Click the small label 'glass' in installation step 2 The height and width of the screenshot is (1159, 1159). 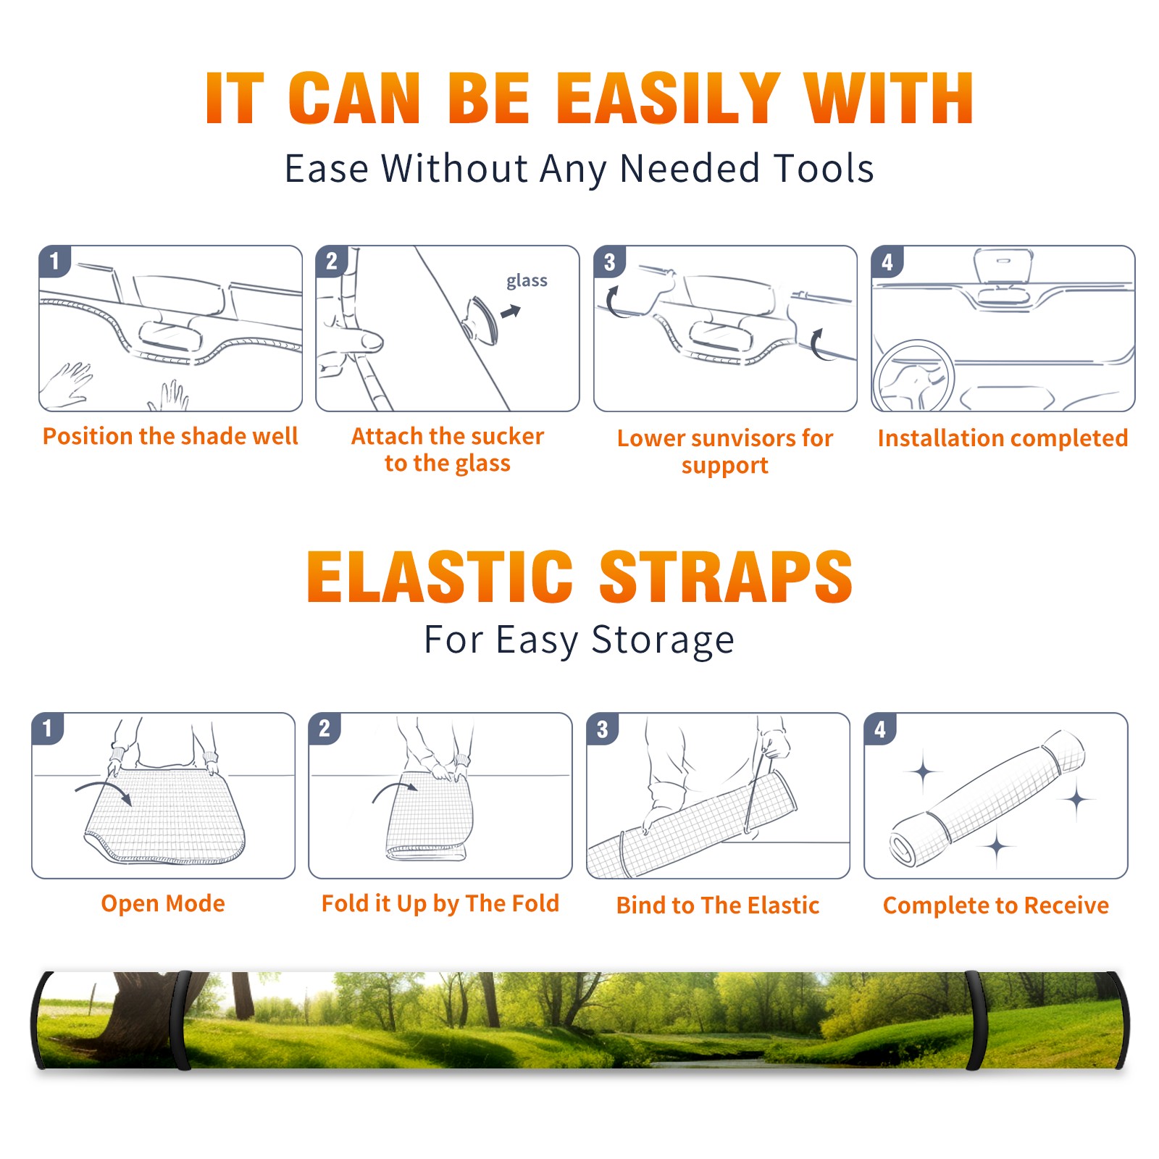click(527, 281)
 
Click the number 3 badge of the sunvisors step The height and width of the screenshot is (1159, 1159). click(609, 261)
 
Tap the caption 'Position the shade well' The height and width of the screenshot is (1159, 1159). click(170, 436)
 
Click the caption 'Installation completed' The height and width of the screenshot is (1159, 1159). click(1003, 438)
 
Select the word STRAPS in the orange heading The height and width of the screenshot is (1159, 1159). click(726, 577)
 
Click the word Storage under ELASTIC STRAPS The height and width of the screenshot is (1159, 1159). click(663, 640)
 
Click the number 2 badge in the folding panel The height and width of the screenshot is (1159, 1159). click(325, 728)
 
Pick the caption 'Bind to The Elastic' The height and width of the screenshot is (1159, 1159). click(718, 905)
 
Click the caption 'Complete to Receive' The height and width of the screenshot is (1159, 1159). click(996, 905)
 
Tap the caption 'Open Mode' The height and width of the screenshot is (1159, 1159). click(163, 903)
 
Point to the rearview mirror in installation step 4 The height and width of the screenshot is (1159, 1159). click(1003, 266)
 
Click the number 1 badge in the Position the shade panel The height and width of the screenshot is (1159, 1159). click(54, 261)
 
